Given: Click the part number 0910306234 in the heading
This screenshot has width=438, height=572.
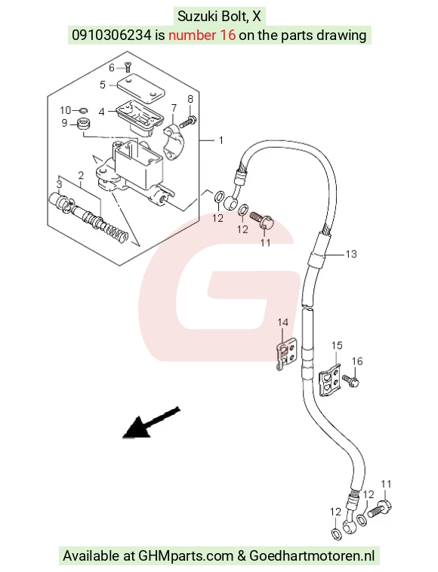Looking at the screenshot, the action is pos(111,35).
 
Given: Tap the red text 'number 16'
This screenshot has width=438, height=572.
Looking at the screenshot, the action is pos(202,35).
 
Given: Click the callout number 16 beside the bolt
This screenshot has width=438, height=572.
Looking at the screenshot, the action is pos(357,361).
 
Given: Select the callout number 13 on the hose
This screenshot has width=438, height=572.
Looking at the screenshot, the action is pos(350,254).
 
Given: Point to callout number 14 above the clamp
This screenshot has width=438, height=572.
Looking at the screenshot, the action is pos(282,322).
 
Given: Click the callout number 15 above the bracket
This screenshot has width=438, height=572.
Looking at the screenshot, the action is pos(337,345).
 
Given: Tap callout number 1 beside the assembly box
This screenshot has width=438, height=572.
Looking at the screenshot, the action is pos(221,140).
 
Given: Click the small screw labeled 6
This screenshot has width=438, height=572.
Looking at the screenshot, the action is pos(128,67).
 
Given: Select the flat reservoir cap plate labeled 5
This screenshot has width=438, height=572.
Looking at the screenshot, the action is pos(141,88).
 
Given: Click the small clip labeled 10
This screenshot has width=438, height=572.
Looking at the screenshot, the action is pos(84,110).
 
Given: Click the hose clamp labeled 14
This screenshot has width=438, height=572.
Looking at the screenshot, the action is pos(287,353).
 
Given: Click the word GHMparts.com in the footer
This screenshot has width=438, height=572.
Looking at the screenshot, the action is pos(186,556).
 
